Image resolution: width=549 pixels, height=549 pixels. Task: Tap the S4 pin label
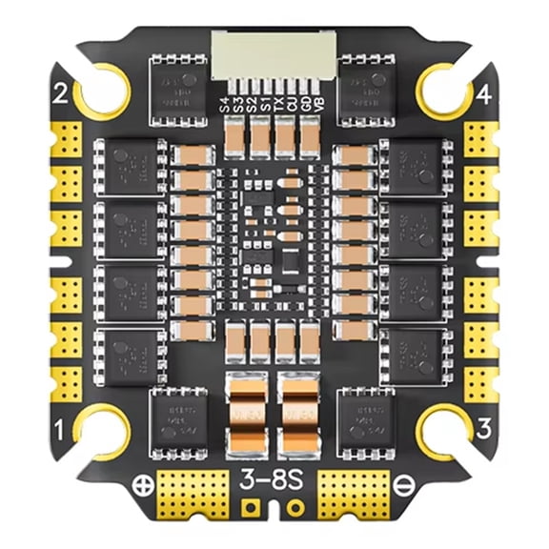pyautogui.click(x=225, y=105)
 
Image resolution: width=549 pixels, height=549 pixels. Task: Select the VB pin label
pyautogui.click(x=317, y=105)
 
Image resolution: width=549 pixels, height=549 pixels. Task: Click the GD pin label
pyautogui.click(x=304, y=105)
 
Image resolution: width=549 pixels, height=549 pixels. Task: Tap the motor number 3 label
pyautogui.click(x=483, y=430)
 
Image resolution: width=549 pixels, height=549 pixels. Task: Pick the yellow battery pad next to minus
pyautogui.click(x=354, y=492)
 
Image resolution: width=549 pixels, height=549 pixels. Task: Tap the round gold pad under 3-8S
pyautogui.click(x=295, y=506)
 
